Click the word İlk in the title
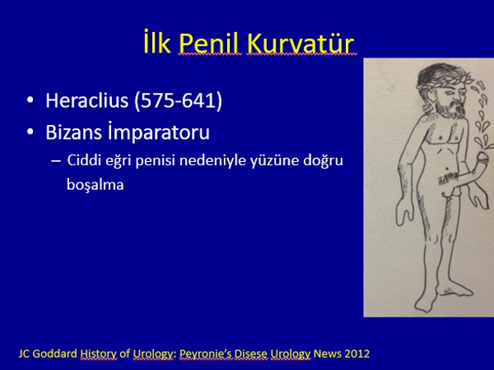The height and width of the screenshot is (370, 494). (157, 42)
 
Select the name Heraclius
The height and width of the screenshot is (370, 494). (87, 100)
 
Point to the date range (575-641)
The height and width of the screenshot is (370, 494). (179, 101)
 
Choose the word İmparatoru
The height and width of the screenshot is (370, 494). (159, 132)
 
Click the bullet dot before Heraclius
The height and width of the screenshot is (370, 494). (30, 100)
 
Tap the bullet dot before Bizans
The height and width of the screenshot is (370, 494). (30, 132)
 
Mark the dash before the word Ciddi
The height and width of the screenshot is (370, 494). (55, 161)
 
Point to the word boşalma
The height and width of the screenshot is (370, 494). (96, 184)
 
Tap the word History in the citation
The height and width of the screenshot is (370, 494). (98, 354)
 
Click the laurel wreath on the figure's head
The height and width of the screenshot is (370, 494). (444, 82)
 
